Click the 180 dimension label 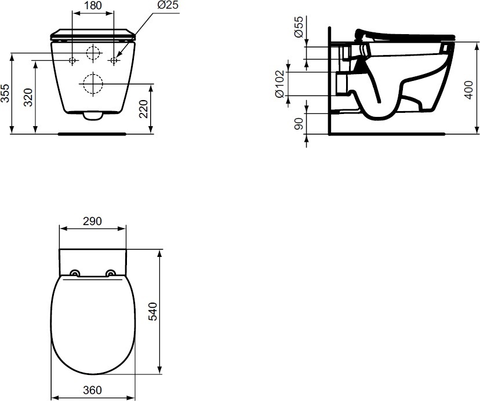point(93,6)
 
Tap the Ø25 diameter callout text point(168,5)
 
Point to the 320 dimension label point(28,97)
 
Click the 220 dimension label point(144,109)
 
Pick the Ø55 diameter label point(299,27)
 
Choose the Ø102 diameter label point(280,84)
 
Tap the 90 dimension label point(299,123)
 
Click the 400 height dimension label point(468,90)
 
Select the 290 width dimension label point(92,221)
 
